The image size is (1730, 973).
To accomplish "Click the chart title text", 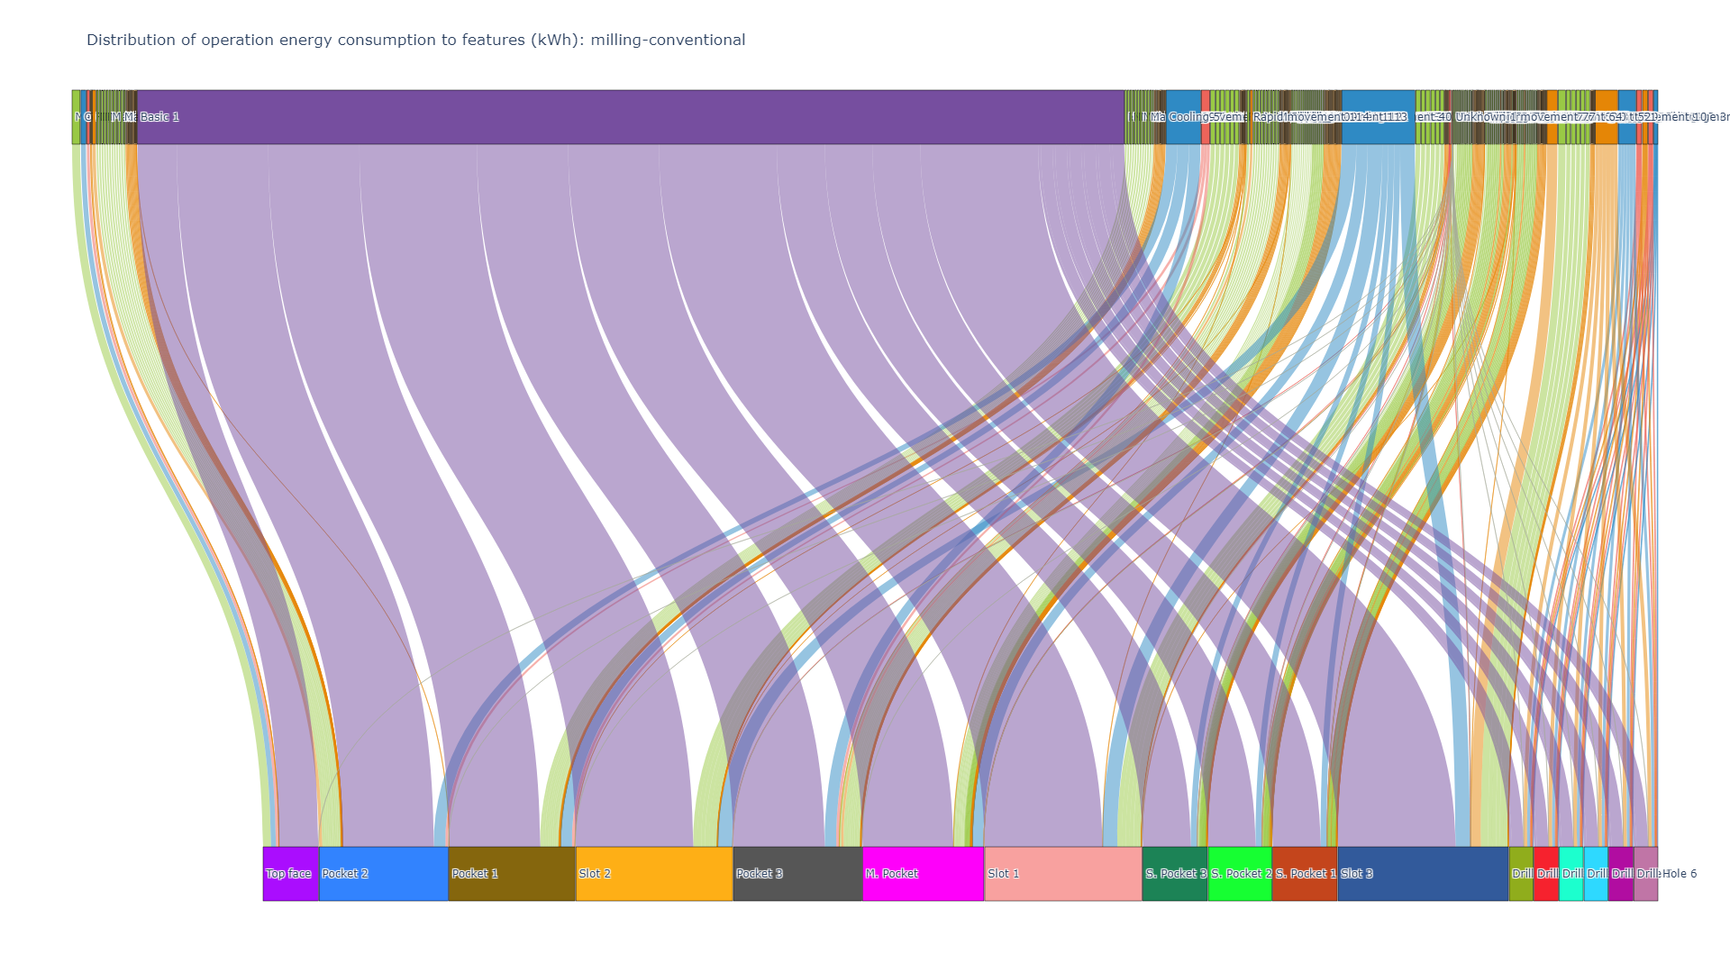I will pyautogui.click(x=415, y=40).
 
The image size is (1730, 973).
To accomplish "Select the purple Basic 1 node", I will pyautogui.click(x=631, y=117).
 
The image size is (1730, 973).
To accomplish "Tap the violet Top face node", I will pyautogui.click(x=290, y=873).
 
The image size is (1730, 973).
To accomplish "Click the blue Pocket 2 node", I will pyautogui.click(x=383, y=873).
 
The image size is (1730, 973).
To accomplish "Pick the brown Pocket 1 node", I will pyautogui.click(x=511, y=873).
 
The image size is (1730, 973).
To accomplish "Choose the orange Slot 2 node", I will pyautogui.click(x=654, y=873).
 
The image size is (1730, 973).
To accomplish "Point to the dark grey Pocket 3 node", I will pyautogui.click(x=797, y=873).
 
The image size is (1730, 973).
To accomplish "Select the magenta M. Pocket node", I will pyautogui.click(x=923, y=873).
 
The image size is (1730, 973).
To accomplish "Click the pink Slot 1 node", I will pyautogui.click(x=1063, y=873).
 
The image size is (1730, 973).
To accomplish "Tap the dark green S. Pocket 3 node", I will pyautogui.click(x=1175, y=873).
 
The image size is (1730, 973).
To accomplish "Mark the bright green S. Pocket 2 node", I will pyautogui.click(x=1240, y=873).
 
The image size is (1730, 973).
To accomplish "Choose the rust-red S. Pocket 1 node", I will pyautogui.click(x=1305, y=873).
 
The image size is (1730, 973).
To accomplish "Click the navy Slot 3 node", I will pyautogui.click(x=1423, y=873).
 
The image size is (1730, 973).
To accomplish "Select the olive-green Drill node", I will pyautogui.click(x=1521, y=873).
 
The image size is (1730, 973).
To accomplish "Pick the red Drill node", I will pyautogui.click(x=1546, y=873).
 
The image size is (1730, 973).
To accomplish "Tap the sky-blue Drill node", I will pyautogui.click(x=1596, y=873).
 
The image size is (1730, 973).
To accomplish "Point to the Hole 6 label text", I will pyautogui.click(x=1680, y=873).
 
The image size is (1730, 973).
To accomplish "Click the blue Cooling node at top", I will pyautogui.click(x=1183, y=117).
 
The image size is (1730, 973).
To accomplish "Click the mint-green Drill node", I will pyautogui.click(x=1571, y=873).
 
